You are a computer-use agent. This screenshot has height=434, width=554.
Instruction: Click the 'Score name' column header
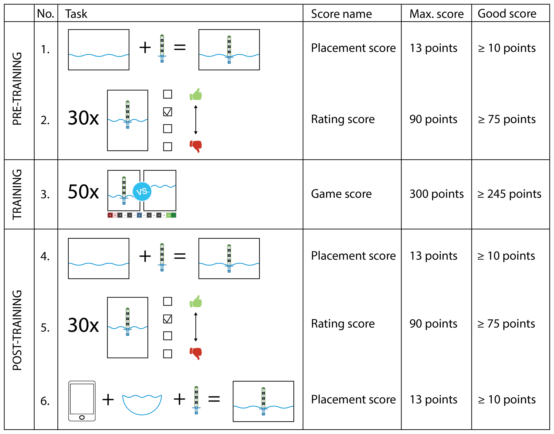coord(341,14)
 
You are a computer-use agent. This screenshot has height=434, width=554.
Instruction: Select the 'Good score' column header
coord(507,14)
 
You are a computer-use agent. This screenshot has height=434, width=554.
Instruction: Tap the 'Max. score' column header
coord(436,14)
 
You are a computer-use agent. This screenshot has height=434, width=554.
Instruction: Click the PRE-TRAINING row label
coord(17,89)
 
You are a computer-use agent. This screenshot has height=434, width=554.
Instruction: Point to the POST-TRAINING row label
coord(17,330)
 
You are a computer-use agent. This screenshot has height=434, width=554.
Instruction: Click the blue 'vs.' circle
coord(142,191)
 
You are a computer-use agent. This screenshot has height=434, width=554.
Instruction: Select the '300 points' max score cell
coord(436,194)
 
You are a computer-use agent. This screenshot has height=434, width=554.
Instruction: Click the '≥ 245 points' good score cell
coord(509,194)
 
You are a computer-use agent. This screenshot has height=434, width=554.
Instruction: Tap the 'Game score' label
coord(341,194)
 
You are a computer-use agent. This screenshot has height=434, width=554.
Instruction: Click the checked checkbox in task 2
coord(168,112)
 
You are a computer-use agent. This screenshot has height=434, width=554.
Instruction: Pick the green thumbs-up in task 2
coord(196,94)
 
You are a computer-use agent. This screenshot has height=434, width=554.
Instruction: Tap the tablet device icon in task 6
coord(82,401)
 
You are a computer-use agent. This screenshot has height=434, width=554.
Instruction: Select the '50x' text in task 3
coord(83,192)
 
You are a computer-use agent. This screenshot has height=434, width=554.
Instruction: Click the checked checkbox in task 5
coord(168,319)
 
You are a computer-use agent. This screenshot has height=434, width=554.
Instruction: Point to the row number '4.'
coord(45,256)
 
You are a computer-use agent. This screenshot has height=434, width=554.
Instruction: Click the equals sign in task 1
coord(180,48)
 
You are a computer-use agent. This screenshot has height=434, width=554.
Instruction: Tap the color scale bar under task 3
coord(142,215)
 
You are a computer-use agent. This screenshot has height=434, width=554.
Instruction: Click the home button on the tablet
coord(82,417)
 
